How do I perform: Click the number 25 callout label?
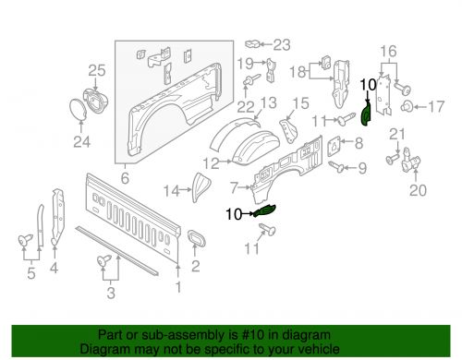coord(97,69)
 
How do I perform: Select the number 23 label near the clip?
coord(281,43)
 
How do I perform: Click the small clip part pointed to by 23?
coord(255,42)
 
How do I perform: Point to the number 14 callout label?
coord(171,191)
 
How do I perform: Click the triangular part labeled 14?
coord(197,186)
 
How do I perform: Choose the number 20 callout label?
coord(419,191)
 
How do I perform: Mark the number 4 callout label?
coord(53,270)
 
